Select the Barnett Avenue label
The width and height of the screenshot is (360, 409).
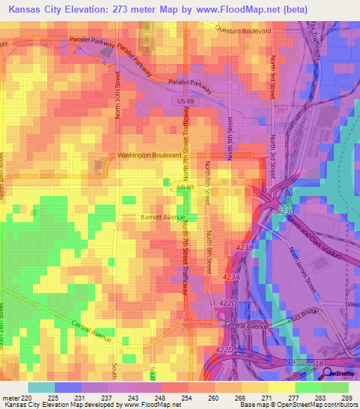coord(162,217)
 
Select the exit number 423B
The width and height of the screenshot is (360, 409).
coord(244,247)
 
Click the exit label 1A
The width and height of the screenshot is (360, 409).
coord(291,362)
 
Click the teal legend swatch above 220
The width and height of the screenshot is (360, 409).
coord(41,387)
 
